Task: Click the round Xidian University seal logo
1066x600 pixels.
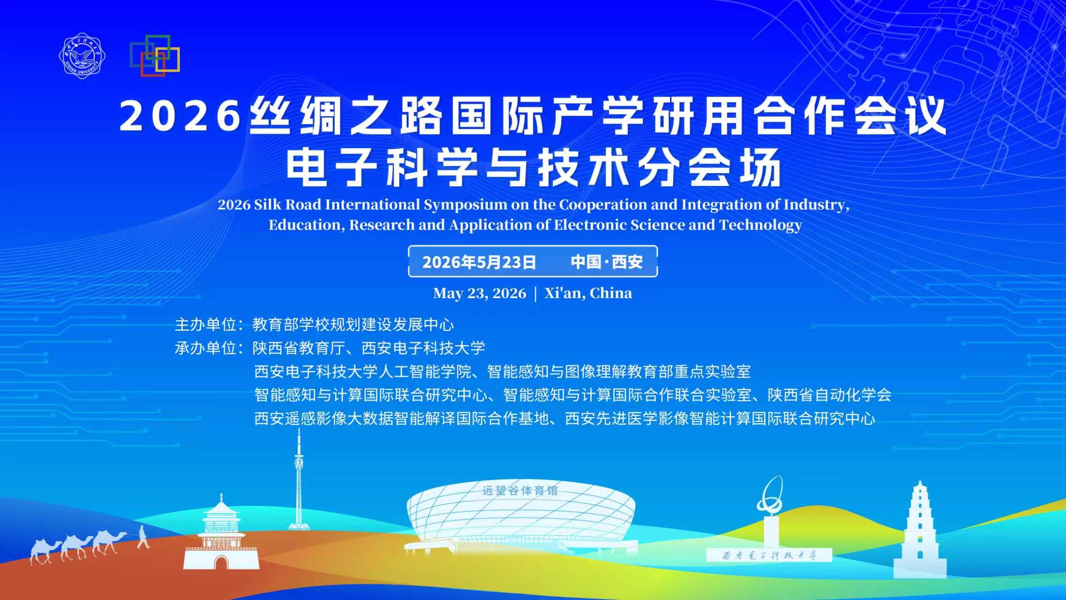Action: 82,56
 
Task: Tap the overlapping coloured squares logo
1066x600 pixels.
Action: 155,55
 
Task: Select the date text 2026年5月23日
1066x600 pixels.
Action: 479,262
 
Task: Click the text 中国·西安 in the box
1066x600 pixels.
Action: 607,262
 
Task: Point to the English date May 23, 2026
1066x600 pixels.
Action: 479,293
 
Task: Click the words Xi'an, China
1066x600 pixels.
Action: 588,293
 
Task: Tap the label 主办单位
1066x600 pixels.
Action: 205,324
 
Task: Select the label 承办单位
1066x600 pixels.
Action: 205,348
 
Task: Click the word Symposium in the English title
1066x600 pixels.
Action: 465,205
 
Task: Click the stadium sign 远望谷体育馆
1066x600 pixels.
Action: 520,490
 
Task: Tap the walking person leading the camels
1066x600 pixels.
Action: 143,537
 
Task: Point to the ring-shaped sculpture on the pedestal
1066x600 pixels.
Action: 770,495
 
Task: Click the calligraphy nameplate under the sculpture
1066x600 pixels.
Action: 769,555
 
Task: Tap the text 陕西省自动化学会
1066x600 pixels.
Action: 829,395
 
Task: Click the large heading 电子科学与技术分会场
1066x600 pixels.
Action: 534,168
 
